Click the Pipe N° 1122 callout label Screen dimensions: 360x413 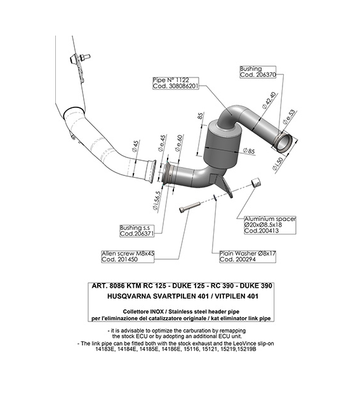175,83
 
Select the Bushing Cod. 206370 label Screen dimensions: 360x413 258,72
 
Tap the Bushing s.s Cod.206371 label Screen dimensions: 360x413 137,231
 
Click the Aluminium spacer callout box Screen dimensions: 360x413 270,225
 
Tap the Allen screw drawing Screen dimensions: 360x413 189,207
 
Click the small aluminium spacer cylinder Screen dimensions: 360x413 255,182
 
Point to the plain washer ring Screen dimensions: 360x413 215,197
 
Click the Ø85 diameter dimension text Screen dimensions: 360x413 249,151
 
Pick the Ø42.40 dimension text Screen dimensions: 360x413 269,100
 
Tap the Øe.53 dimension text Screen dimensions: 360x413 289,116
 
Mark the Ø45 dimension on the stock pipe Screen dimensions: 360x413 135,146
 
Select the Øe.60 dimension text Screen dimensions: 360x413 178,143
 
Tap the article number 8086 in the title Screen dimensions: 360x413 117,286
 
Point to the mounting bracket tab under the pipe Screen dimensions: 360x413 225,186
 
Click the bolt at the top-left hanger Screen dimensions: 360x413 84,57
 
